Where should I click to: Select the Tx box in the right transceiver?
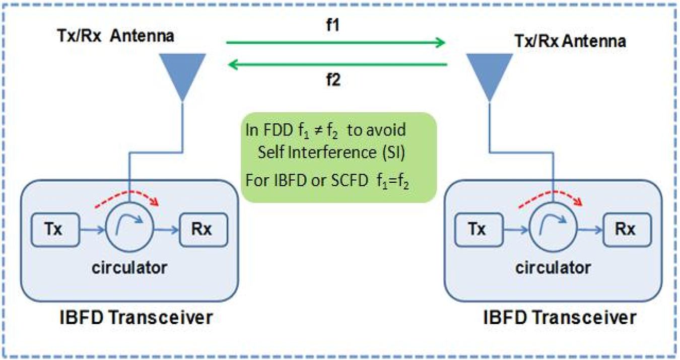click(x=478, y=230)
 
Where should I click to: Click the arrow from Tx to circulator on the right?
click(x=517, y=231)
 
